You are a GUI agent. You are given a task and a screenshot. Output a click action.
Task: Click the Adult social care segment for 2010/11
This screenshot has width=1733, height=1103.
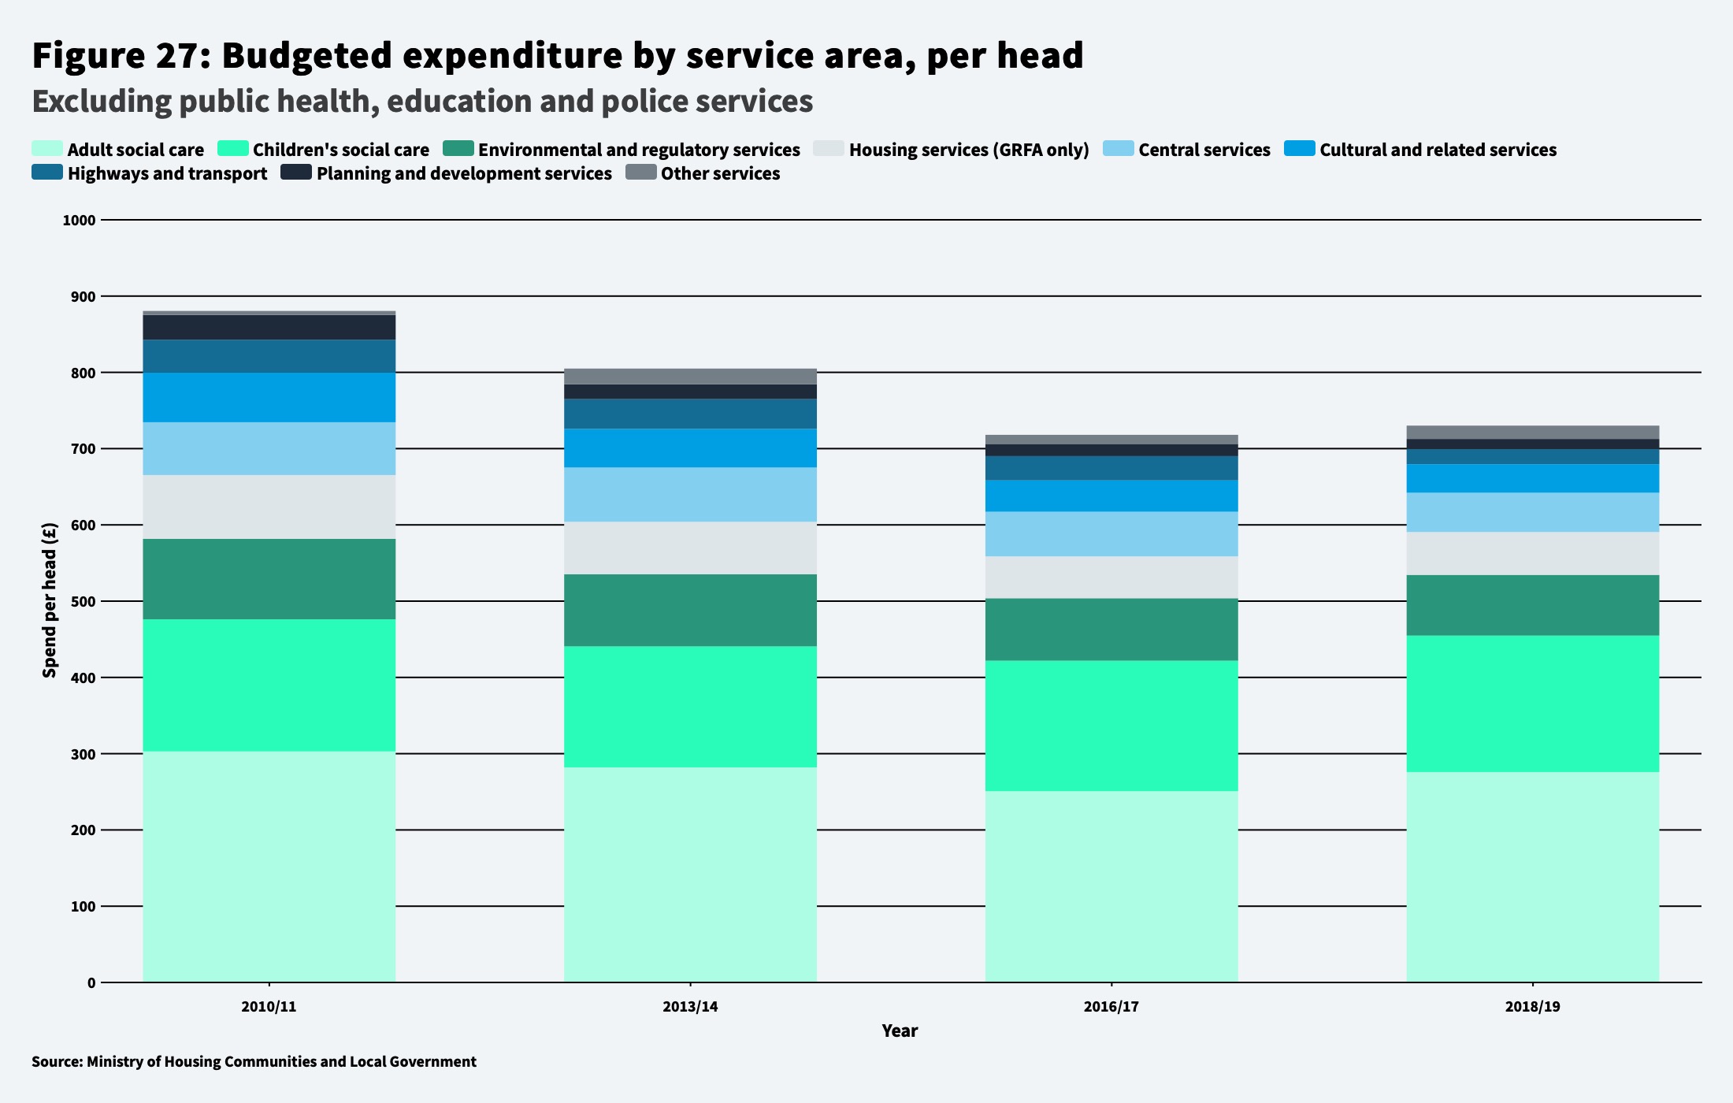(269, 867)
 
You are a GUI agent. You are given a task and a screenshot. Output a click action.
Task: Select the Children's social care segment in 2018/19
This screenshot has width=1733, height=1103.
(1532, 704)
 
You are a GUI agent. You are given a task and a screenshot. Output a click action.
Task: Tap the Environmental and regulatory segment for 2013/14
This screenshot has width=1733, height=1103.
(690, 611)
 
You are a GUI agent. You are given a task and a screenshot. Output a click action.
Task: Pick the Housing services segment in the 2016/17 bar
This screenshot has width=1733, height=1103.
(1111, 577)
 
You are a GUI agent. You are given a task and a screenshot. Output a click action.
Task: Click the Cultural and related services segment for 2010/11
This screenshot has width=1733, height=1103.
(269, 397)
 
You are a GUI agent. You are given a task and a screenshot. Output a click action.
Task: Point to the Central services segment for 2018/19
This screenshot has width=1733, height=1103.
(1532, 512)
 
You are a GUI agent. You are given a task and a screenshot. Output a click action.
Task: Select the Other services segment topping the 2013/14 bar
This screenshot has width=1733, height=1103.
(690, 377)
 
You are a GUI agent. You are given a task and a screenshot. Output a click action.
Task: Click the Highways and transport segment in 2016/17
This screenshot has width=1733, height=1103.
(1111, 468)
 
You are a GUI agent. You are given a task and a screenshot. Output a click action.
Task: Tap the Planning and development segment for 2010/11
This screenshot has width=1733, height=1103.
(269, 328)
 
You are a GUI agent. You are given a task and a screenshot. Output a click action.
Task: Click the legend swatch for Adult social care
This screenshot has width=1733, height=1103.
(46, 149)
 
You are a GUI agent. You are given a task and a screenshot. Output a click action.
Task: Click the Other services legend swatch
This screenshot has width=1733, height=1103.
(640, 173)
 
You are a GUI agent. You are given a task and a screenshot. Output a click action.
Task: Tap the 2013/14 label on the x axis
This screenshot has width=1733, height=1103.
(690, 1007)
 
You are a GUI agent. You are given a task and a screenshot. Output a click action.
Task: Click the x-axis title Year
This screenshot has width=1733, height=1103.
(900, 1031)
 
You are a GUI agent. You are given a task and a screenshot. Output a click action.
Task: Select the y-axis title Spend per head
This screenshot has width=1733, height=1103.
(50, 600)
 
